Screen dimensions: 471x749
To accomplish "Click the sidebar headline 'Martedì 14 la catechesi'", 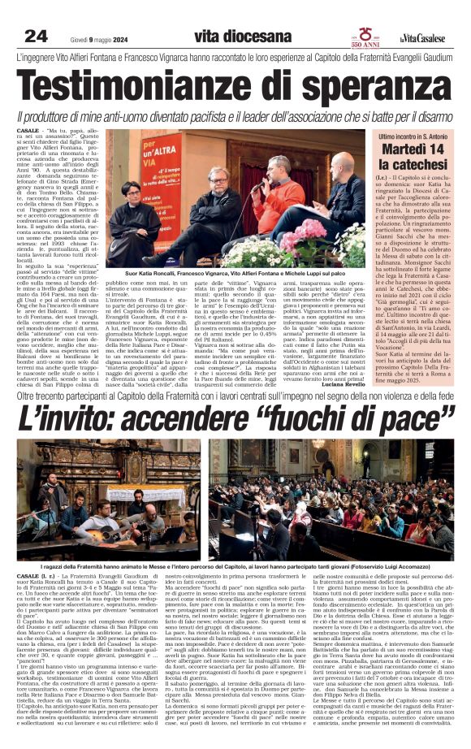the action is [412, 156].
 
